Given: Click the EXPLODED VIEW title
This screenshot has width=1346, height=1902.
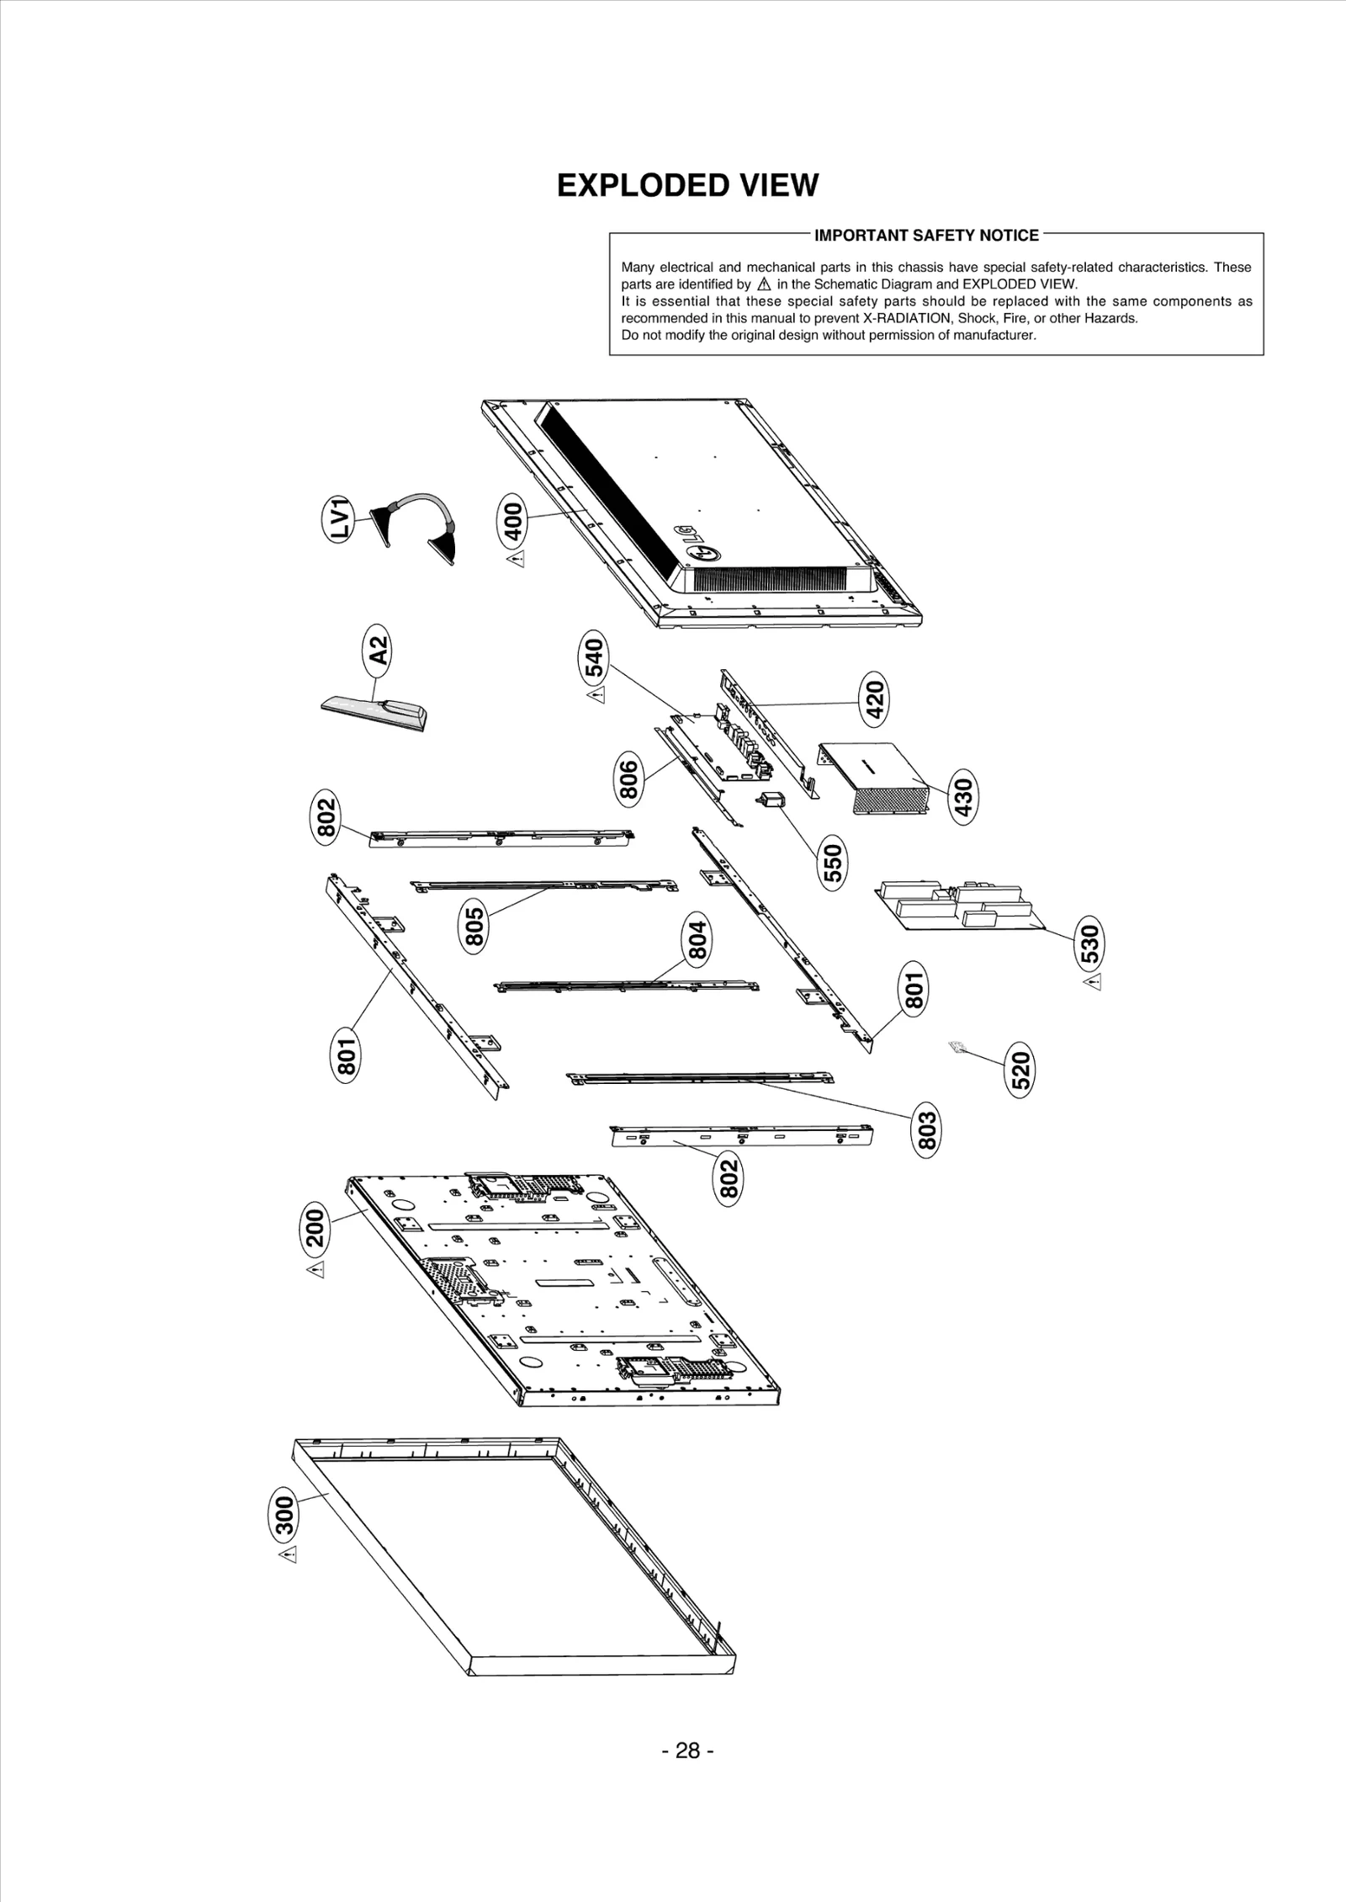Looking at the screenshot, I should (687, 185).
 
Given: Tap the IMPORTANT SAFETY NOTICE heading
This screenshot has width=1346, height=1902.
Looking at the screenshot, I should (926, 236).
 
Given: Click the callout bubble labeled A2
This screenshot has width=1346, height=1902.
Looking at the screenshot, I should (380, 651).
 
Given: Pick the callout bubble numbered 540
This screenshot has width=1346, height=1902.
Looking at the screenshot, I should (594, 659).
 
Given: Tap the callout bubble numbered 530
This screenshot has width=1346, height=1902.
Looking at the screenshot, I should (1089, 943).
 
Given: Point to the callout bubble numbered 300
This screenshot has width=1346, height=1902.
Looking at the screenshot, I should (284, 1517).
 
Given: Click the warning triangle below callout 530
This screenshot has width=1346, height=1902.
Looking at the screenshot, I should (1091, 982).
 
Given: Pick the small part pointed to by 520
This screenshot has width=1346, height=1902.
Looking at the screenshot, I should (956, 1047).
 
